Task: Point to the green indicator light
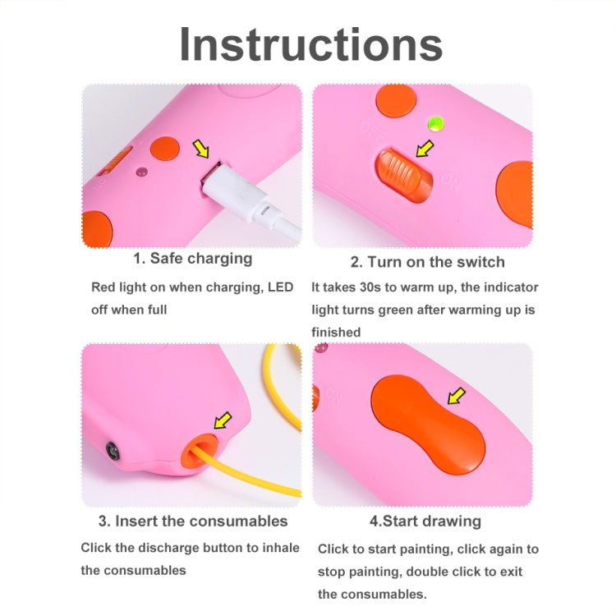(434, 125)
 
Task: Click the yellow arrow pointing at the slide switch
(424, 149)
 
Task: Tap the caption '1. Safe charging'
(193, 259)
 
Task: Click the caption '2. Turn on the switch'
(427, 262)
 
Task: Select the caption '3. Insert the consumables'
(193, 522)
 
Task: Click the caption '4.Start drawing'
(425, 522)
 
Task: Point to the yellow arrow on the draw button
(455, 398)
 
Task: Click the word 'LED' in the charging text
(281, 288)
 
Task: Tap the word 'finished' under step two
(336, 332)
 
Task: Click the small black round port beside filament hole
(112, 448)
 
